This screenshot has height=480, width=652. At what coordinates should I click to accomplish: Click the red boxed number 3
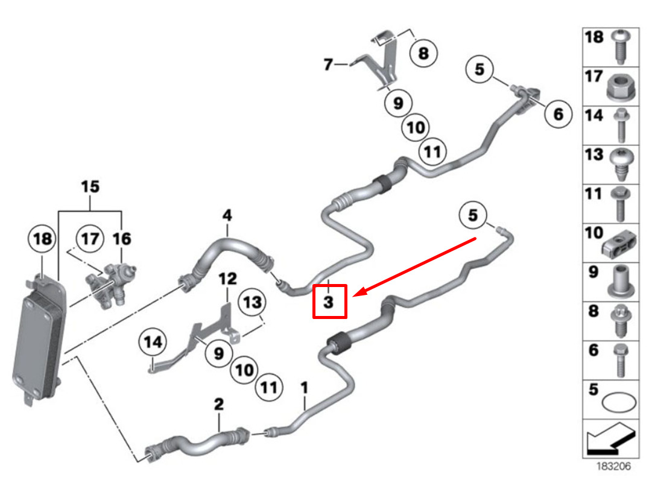click(x=329, y=302)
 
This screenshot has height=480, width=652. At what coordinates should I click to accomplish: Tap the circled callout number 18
click(x=42, y=239)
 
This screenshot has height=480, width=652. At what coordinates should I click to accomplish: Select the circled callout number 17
click(x=90, y=239)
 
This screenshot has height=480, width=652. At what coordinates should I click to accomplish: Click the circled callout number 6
click(x=559, y=114)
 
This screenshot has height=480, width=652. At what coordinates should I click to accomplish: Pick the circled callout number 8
click(x=423, y=53)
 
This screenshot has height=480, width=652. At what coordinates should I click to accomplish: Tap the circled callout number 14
click(x=153, y=342)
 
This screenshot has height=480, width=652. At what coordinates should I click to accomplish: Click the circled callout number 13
click(x=252, y=302)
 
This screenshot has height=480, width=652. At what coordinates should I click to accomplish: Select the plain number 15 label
click(x=90, y=186)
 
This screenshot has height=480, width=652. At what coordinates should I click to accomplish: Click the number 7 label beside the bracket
click(x=328, y=65)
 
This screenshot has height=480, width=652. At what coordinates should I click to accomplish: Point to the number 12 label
click(x=228, y=279)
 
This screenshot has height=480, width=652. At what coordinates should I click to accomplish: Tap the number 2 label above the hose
click(x=219, y=404)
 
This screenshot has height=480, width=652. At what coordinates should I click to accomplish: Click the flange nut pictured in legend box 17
click(x=621, y=87)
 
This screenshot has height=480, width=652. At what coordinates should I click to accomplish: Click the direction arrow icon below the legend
click(x=611, y=439)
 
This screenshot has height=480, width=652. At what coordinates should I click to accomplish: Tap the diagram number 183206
click(x=614, y=466)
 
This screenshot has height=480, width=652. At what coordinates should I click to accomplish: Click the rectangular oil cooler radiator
click(x=39, y=340)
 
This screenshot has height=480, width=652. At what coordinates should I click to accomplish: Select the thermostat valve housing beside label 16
click(x=111, y=285)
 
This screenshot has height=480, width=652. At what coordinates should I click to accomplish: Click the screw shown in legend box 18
click(x=621, y=46)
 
